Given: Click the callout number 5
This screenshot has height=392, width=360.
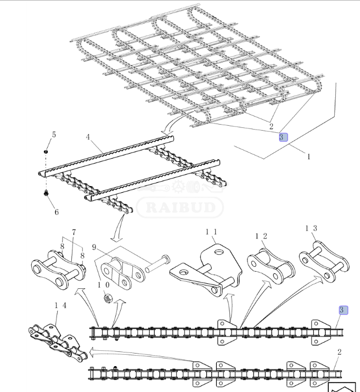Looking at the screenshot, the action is [x=54, y=135].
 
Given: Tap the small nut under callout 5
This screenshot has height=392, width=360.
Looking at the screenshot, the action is [x=46, y=152].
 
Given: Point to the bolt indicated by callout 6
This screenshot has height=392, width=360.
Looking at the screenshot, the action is [x=46, y=193].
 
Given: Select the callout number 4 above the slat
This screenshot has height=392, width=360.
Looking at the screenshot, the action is [x=88, y=137].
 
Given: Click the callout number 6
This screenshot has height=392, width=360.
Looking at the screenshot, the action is [x=57, y=212].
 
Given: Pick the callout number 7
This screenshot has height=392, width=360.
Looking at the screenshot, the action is [x=74, y=232].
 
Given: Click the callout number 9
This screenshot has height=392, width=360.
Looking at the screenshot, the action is [x=94, y=247].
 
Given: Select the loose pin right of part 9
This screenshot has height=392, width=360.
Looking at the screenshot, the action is [x=157, y=264].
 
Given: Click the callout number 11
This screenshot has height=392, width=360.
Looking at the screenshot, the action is [x=211, y=232].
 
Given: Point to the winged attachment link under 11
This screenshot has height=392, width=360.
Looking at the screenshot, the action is [x=206, y=270].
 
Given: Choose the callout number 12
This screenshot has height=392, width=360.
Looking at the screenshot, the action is [x=261, y=236].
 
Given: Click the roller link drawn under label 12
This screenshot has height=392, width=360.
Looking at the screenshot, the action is [x=271, y=266].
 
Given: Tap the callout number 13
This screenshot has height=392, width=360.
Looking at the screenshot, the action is [x=311, y=228].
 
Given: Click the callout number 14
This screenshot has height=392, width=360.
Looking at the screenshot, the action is [x=60, y=305].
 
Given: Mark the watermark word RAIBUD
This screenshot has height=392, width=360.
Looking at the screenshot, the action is [x=180, y=207].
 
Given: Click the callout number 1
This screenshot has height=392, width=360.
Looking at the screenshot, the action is [x=309, y=157].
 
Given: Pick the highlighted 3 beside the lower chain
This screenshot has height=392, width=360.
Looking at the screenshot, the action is [x=343, y=310].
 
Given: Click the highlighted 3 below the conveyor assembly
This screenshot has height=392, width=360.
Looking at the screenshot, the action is [x=283, y=137].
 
